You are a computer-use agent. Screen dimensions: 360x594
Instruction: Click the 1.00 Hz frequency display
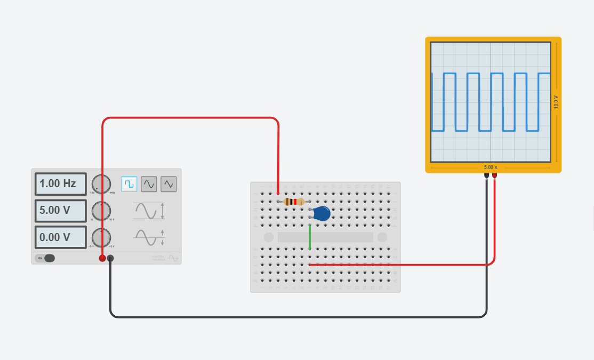coord(60,184)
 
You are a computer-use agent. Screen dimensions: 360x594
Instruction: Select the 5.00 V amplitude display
coord(60,211)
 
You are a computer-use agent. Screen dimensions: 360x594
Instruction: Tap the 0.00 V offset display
coord(60,237)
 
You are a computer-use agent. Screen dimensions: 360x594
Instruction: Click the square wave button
coord(129,184)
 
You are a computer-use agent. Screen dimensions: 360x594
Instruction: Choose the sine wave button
coord(149,184)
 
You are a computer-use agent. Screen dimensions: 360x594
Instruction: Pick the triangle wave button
coord(168,184)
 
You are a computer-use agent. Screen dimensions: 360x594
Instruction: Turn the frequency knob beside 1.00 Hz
coord(101,184)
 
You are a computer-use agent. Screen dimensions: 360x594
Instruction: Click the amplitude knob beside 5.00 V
coord(101,211)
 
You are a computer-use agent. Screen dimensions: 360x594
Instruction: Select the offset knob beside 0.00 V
coord(101,237)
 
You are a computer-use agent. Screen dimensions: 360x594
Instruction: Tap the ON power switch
coord(45,258)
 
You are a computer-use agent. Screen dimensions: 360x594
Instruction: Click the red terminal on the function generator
coord(102,258)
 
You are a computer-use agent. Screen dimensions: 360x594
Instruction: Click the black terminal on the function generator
coord(110,258)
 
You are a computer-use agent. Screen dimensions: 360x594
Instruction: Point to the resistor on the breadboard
coord(294,202)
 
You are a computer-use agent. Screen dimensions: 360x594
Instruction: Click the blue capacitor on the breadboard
coord(321,213)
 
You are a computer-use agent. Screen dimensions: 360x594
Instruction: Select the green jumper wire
coord(309,237)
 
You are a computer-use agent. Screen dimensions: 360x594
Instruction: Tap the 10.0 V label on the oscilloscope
coord(556,102)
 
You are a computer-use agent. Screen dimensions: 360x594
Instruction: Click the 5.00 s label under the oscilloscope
coord(491,167)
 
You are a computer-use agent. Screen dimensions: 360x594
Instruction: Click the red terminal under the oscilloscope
coord(494,175)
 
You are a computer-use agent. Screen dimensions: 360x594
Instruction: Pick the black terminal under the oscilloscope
coord(486,175)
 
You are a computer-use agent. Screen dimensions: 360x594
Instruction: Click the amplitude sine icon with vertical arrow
coord(149,211)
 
